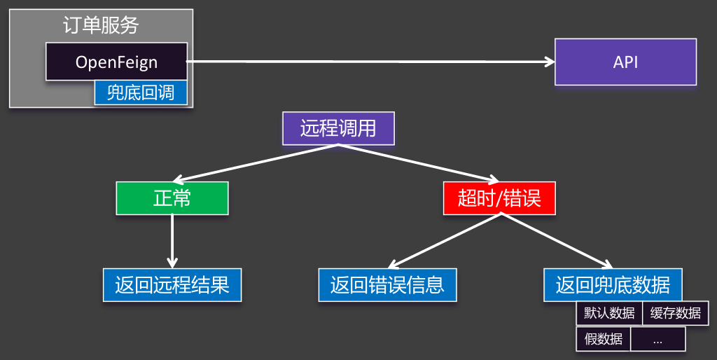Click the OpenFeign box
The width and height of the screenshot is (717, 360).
[116, 62]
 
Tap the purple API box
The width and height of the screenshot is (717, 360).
[625, 62]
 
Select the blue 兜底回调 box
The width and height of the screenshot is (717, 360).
[141, 93]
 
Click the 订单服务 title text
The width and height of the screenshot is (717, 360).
[101, 26]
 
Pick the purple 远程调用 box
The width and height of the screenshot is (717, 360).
[338, 128]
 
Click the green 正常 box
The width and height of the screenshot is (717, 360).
[172, 198]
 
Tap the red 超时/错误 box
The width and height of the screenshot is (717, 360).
[499, 198]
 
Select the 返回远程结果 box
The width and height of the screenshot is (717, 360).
[172, 285]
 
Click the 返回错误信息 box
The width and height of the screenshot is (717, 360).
[387, 285]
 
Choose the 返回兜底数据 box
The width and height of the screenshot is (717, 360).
[613, 285]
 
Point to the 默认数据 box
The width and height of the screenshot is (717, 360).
[609, 313]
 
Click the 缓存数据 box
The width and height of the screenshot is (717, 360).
[675, 313]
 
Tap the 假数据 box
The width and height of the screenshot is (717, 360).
[603, 339]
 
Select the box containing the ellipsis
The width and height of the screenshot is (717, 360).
[657, 339]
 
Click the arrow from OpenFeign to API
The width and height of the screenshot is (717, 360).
[371, 62]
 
